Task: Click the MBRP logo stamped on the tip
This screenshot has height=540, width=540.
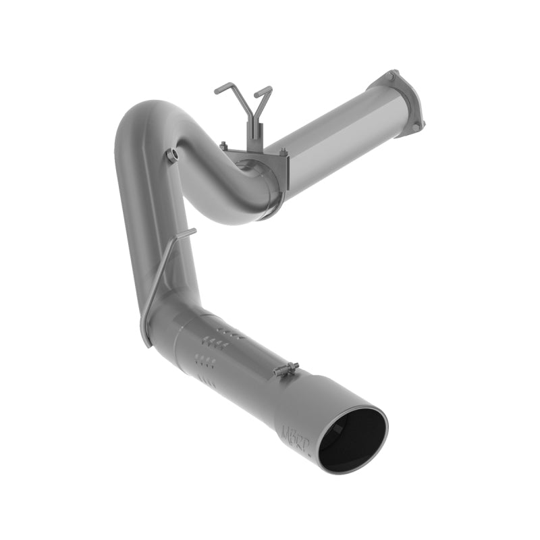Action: (x=289, y=431)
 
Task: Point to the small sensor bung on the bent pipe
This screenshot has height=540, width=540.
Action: (x=172, y=156)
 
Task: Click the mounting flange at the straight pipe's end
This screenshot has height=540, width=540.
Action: (x=404, y=103)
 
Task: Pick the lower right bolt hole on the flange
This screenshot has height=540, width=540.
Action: (x=416, y=126)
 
